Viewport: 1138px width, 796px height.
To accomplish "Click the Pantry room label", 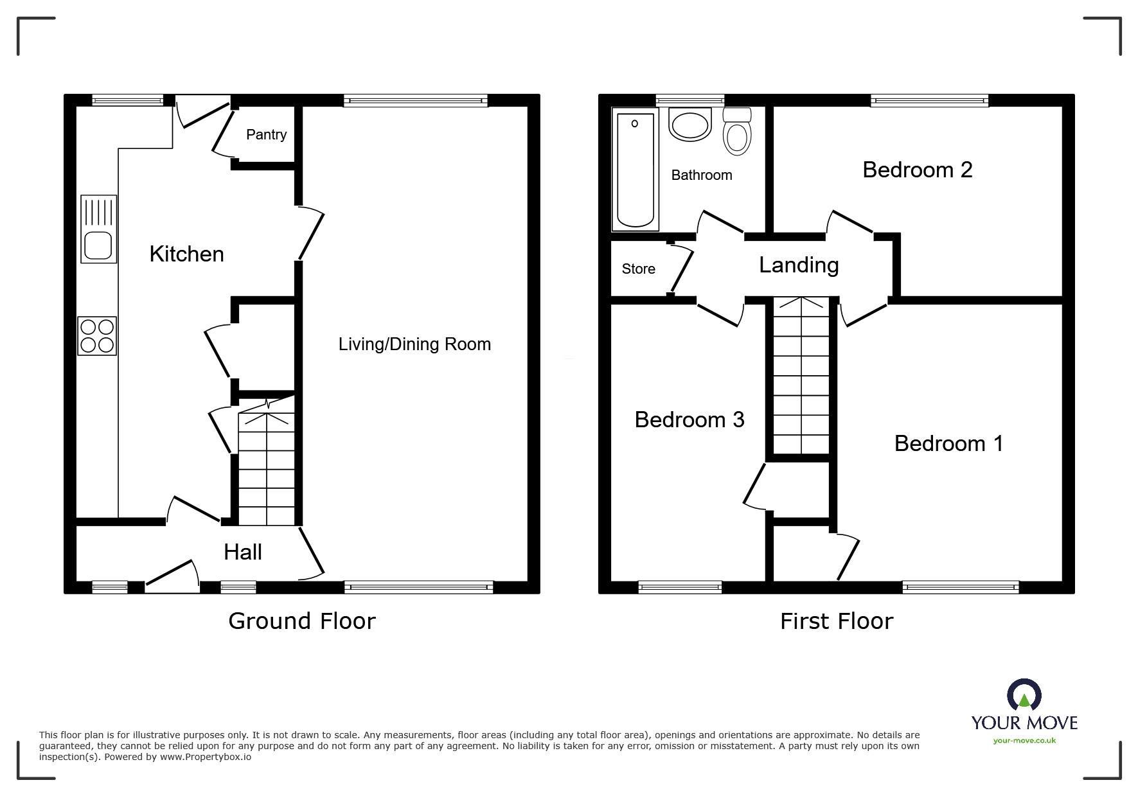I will point(266,135).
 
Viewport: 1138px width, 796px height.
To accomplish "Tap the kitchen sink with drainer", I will point(98,229).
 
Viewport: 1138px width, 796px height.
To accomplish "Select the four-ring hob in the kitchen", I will point(97,336).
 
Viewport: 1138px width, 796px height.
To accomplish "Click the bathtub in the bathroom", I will point(635,170).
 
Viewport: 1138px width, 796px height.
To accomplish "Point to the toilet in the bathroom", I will point(737,132).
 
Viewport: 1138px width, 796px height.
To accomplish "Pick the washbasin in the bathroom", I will point(690,124).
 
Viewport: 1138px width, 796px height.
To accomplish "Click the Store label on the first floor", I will point(638,269).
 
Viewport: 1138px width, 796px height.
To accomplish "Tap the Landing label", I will point(799,265).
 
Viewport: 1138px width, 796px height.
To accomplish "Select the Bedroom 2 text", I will point(917,170).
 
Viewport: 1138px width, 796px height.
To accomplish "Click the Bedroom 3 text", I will point(689,420).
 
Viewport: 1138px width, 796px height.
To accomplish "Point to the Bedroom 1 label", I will point(948,443).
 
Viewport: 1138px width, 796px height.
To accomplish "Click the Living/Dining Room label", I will point(414,344).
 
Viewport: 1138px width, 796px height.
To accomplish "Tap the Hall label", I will point(243,552).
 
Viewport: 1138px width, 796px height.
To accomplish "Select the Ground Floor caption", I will point(302,621).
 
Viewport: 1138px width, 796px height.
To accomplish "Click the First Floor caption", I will point(837,621).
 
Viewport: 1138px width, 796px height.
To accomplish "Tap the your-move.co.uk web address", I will point(1024,741).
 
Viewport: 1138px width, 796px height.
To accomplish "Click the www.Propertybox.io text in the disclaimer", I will point(206,757).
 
